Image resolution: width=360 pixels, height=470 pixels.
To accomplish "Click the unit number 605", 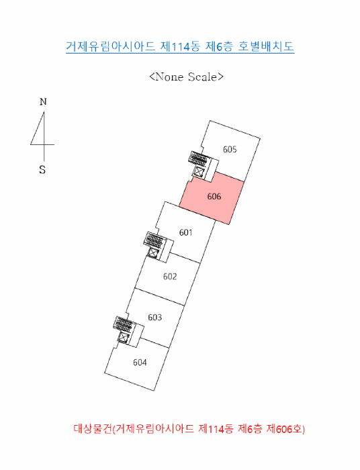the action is coord(230,149).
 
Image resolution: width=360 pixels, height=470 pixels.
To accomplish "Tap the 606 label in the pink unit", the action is coord(214,197).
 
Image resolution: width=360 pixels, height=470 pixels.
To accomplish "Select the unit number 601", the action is coord(185,232).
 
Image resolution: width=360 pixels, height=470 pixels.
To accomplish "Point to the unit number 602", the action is coord(170,277).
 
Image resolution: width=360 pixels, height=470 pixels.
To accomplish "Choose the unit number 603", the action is coord(155,317).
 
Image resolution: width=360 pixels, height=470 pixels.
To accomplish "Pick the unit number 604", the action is coord(140,363).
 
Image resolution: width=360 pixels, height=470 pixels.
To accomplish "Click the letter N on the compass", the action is coord(43,102).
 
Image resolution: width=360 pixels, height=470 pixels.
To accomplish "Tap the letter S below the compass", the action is coord(42,170).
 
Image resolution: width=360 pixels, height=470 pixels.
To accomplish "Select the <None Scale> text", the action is coord(186,77).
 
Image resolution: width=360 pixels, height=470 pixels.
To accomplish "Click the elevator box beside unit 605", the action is coord(199,172).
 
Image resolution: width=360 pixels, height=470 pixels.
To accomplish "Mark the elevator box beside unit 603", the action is coord(123,338).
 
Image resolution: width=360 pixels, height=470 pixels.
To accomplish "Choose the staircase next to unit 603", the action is coord(124,324).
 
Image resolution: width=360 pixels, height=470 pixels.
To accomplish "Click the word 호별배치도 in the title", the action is coord(266,46).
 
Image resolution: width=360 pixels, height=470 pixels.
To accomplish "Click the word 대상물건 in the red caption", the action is coord(93,429).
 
